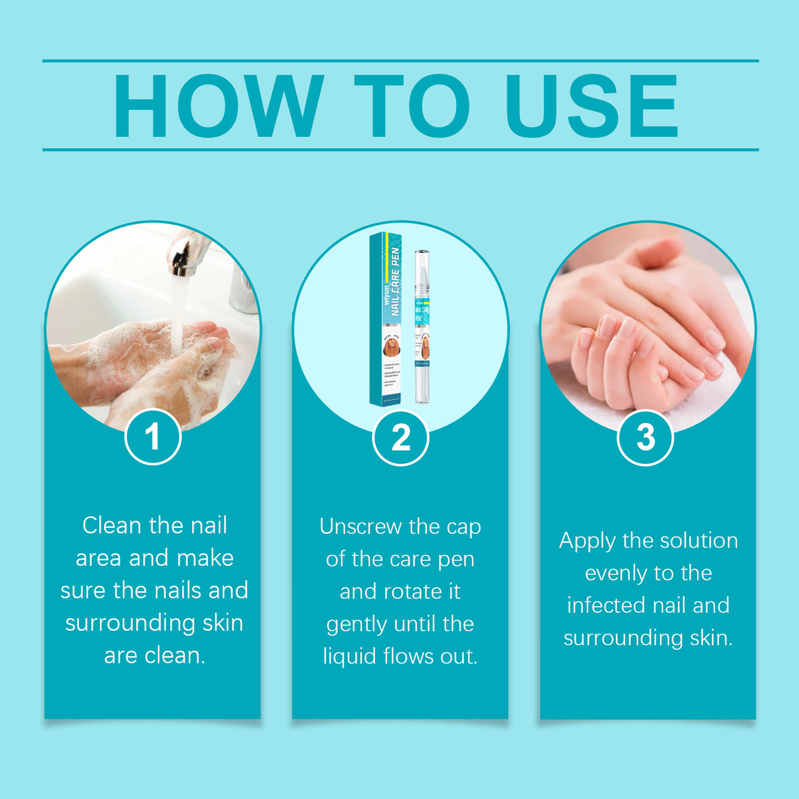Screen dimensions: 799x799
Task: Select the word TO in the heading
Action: [413, 106]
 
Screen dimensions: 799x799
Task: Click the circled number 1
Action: [153, 436]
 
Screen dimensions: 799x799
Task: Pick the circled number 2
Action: [400, 438]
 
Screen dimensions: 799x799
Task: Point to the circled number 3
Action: [645, 437]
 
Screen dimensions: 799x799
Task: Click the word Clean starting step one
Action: [112, 526]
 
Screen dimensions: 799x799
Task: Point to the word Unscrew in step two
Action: [360, 527]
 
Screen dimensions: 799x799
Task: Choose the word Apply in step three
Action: [588, 541]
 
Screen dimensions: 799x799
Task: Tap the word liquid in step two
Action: [350, 656]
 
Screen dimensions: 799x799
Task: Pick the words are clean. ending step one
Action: [155, 655]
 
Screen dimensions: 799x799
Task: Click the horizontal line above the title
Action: [400, 61]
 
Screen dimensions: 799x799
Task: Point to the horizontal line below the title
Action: [400, 149]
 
